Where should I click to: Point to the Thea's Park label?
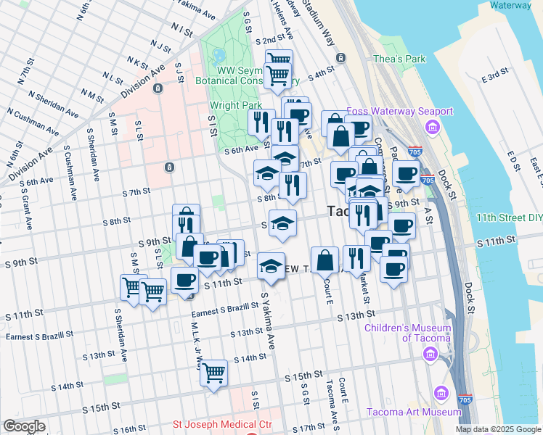(399, 59)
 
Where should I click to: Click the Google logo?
(24, 426)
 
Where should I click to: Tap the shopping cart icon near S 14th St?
(213, 373)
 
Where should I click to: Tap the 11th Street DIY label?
(509, 217)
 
